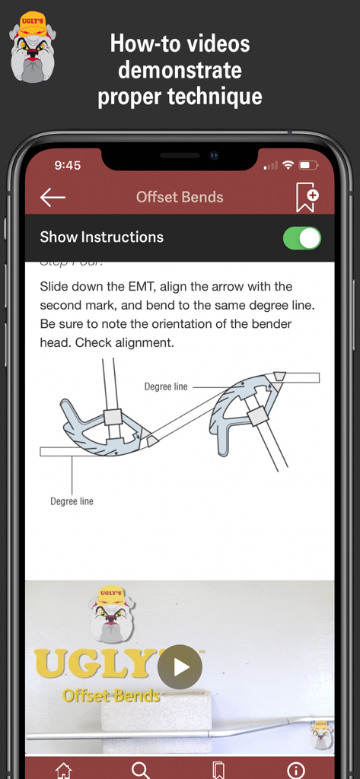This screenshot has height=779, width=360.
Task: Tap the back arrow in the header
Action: (x=53, y=198)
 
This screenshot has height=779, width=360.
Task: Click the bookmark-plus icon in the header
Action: (x=306, y=198)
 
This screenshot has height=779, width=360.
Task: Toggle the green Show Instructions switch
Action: (x=301, y=237)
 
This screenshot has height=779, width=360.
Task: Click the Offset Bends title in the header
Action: (x=180, y=197)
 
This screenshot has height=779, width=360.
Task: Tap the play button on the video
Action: (x=180, y=667)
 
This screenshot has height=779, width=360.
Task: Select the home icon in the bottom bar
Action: (x=64, y=769)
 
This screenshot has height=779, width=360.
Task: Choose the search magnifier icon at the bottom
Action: (x=141, y=769)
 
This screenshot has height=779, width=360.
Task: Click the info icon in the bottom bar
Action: (x=296, y=769)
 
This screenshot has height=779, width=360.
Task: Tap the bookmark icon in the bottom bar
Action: (x=218, y=769)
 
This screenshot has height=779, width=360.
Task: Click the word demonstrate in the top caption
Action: (x=180, y=70)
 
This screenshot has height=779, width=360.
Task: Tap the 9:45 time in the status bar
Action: (x=68, y=165)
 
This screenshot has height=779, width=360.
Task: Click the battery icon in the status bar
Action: (x=308, y=165)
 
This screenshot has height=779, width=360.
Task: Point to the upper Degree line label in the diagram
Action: (x=166, y=387)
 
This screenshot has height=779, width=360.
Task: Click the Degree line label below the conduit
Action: (x=72, y=501)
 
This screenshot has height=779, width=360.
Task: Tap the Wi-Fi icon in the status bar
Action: (x=288, y=165)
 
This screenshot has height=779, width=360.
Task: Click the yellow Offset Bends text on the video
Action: (x=111, y=695)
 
